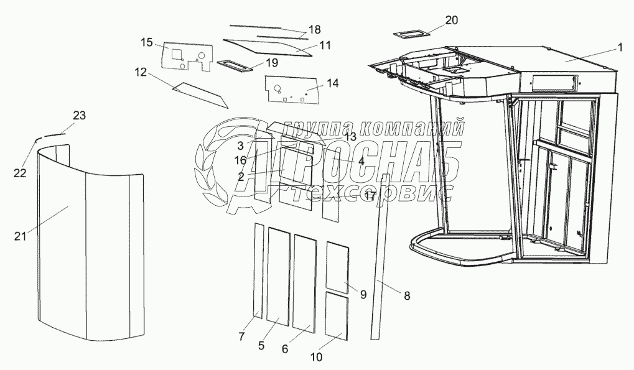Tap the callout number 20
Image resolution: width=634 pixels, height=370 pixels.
(451, 20)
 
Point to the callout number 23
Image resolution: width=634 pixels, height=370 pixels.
(79, 116)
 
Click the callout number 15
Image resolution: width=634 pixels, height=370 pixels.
(146, 42)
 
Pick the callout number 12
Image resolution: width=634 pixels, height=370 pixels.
(140, 72)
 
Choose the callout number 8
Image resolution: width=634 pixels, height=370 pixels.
(407, 296)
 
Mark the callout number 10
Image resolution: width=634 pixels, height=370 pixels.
(316, 357)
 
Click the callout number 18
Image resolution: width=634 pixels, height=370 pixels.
(314, 29)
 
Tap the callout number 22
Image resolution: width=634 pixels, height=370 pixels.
(20, 173)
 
